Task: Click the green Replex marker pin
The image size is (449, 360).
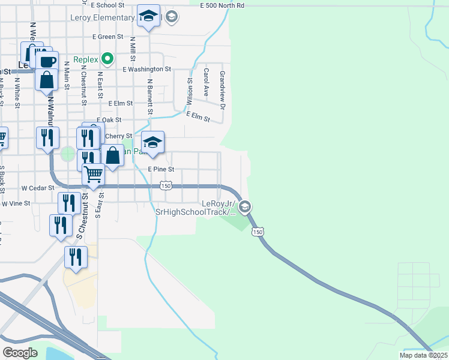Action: (107, 59)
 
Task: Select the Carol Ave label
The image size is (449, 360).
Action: (206, 82)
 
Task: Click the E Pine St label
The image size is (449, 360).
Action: (161, 169)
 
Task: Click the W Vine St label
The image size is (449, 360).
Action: (16, 203)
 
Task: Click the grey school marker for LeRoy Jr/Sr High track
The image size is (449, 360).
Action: (244, 207)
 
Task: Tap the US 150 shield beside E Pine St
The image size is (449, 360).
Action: (167, 187)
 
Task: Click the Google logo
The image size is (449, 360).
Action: (20, 352)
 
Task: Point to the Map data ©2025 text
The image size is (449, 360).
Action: (423, 355)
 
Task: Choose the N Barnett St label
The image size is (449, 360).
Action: (150, 95)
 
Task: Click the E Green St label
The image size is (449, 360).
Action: (107, 37)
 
